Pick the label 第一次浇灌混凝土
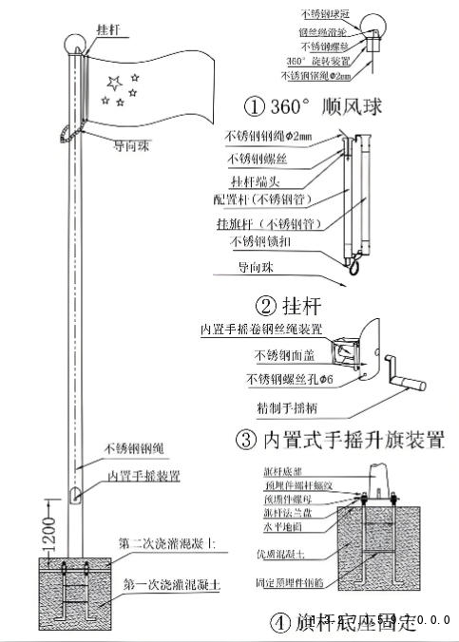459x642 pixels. click(x=172, y=586)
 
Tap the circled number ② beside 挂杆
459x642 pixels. click(x=265, y=305)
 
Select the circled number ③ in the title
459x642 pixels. click(x=244, y=440)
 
